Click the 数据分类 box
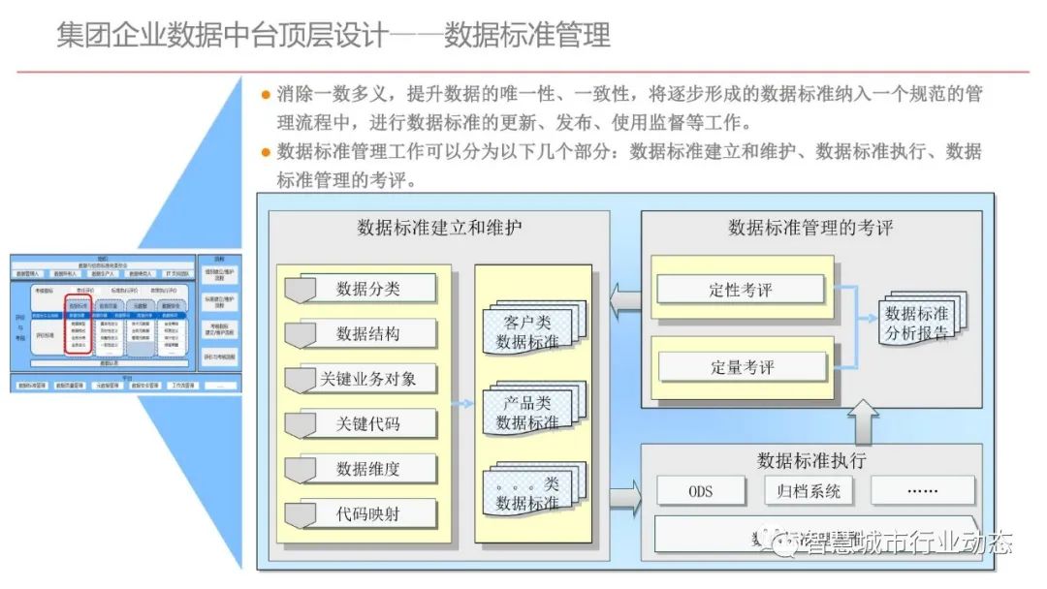(x=361, y=289)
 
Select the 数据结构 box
(x=361, y=333)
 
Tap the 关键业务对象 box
(x=361, y=379)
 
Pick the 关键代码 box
(x=361, y=423)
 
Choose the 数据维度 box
(x=361, y=469)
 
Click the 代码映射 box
(x=361, y=513)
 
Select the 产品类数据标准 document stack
(x=530, y=411)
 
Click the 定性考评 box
(x=741, y=289)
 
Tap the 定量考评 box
(x=741, y=367)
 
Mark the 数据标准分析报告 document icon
(x=918, y=321)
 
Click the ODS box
(x=701, y=490)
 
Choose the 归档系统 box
(x=808, y=490)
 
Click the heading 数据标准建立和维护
(x=439, y=229)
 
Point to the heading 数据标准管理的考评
(x=810, y=229)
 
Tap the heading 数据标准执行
(x=811, y=460)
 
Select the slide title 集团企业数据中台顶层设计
(x=223, y=36)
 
